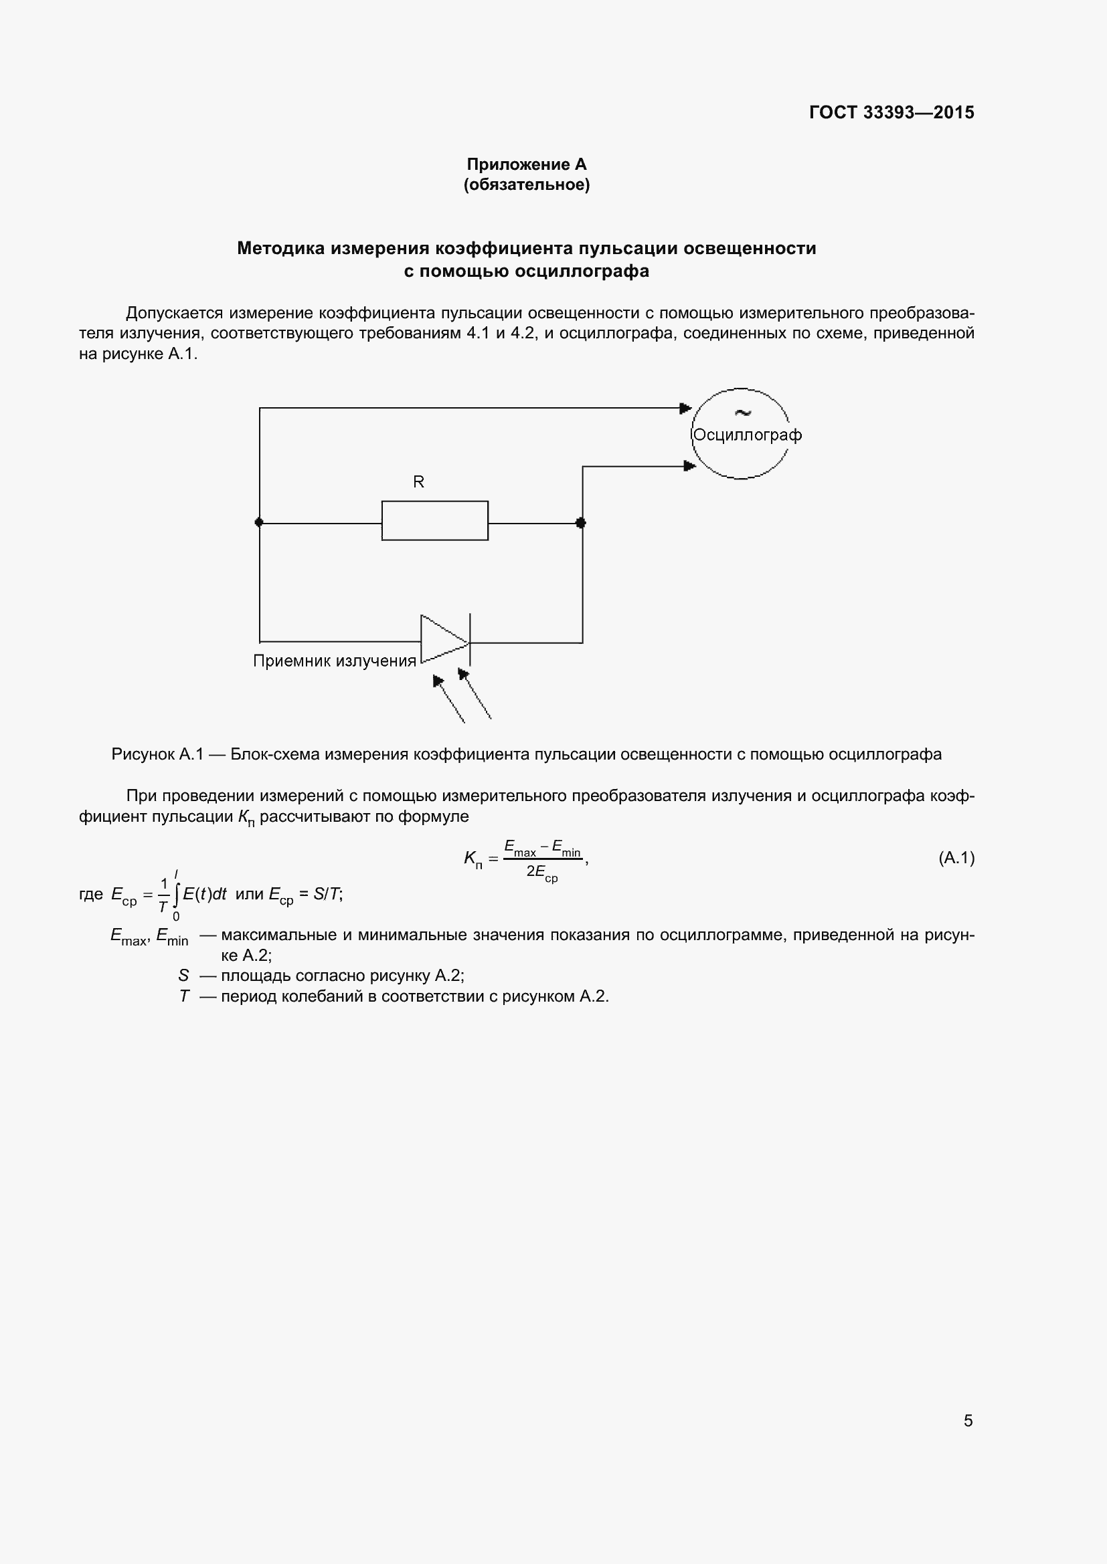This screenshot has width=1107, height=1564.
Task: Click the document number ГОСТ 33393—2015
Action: (891, 112)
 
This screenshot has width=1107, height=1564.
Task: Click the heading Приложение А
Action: (526, 164)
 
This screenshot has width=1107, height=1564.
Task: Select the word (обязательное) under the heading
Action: (526, 185)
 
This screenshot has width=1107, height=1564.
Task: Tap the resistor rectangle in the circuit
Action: (434, 521)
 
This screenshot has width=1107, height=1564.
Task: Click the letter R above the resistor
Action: (418, 481)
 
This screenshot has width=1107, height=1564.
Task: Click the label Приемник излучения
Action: (334, 661)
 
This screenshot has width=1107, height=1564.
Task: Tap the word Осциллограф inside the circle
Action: (746, 435)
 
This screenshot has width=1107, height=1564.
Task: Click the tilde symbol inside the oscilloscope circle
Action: (742, 412)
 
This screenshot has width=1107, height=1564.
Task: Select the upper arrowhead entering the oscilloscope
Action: (685, 408)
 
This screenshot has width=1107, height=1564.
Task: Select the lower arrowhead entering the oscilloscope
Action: (689, 466)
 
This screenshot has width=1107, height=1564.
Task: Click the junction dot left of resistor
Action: (259, 522)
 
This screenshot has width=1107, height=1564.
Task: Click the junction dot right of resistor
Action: (581, 522)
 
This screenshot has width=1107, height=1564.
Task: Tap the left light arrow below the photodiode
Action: (448, 698)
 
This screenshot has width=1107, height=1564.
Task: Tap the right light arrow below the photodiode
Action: (475, 693)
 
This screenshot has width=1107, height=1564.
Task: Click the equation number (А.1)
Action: (956, 858)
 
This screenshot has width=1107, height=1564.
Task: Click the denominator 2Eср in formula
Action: (542, 873)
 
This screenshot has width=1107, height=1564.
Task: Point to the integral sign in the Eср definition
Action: (176, 893)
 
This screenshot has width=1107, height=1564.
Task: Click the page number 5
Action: (968, 1420)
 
